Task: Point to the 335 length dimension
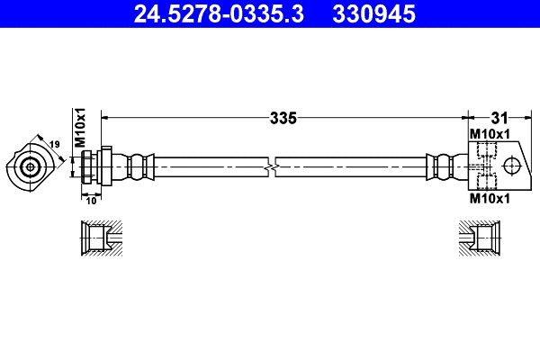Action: coord(283,117)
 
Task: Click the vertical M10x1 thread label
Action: coord(79,128)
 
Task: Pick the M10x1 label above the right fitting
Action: coord(490,134)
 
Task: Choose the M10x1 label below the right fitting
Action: coord(490,199)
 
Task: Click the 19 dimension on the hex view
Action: coord(54,144)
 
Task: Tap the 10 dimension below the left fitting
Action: coord(91,200)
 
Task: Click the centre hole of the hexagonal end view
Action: coord(31,166)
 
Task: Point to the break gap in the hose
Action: coord(273,166)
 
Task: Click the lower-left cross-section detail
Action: coord(100,239)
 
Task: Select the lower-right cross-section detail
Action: coord(477,239)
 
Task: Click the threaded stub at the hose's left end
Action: coord(87,166)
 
